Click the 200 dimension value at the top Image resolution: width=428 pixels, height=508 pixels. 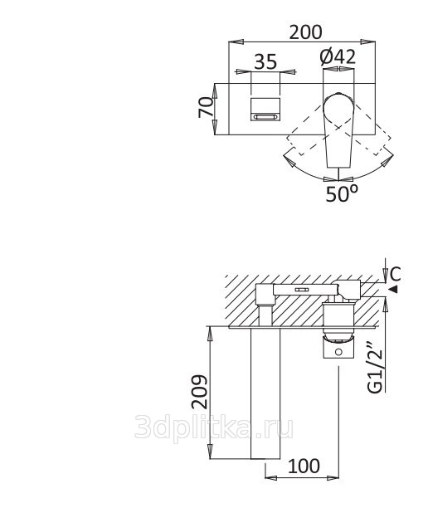(x=305, y=32)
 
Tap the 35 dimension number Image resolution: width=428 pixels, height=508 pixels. (x=265, y=61)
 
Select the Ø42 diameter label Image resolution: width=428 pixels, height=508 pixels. (x=338, y=56)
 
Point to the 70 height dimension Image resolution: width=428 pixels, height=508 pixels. (x=206, y=108)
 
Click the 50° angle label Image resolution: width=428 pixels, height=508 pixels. (x=342, y=193)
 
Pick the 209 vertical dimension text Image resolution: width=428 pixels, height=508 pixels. (x=199, y=392)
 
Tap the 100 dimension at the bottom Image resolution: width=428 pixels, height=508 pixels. (x=304, y=466)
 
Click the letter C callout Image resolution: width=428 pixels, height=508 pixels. (x=395, y=274)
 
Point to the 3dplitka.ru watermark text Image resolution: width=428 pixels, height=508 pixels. (x=214, y=427)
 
